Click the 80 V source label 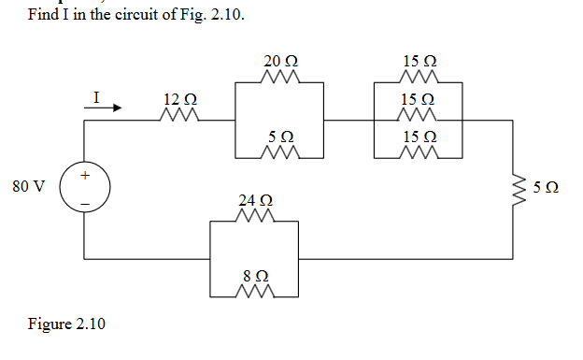[28, 186]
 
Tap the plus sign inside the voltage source [85, 175]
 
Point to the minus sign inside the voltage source [85, 201]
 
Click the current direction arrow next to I [103, 108]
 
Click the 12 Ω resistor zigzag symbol [178, 117]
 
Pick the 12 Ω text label [179, 99]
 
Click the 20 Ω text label [280, 63]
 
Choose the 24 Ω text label [255, 201]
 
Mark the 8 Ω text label [255, 277]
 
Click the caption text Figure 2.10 [66, 324]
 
